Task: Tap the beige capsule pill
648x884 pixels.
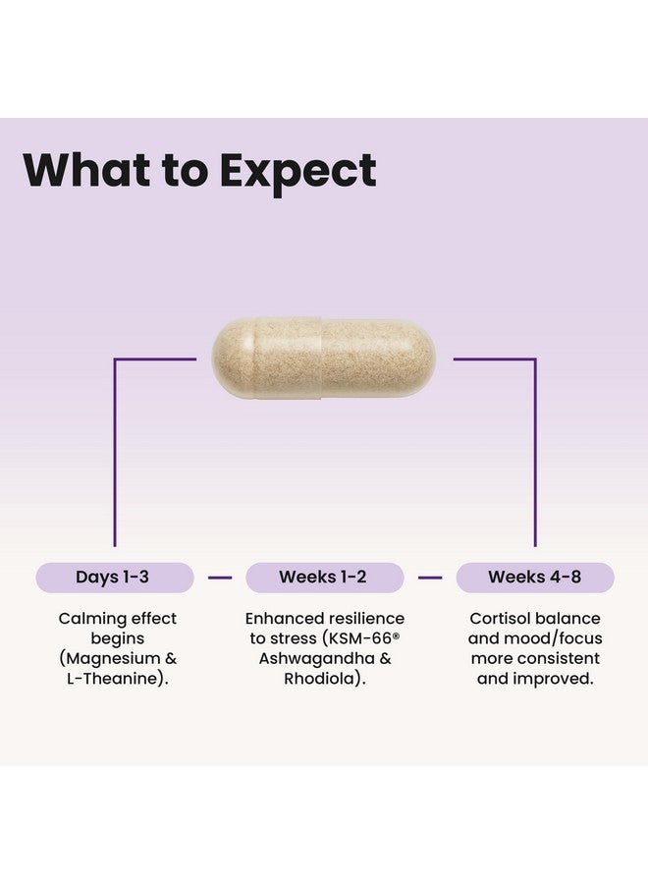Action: (x=324, y=359)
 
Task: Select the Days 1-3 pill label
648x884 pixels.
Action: (x=113, y=578)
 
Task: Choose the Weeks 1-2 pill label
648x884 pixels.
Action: (x=324, y=578)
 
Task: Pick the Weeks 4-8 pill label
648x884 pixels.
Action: (x=535, y=578)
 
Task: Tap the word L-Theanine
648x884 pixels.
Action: (x=108, y=678)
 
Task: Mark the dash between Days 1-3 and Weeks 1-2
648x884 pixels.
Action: (x=219, y=578)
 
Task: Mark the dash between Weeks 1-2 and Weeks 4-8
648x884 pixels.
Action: (x=430, y=578)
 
